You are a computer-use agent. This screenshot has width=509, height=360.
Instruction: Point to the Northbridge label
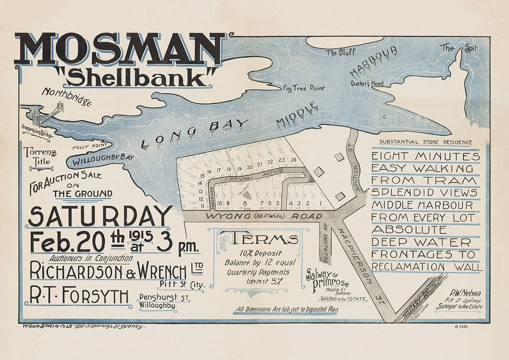67,96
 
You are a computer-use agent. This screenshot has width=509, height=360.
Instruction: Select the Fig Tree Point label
304,88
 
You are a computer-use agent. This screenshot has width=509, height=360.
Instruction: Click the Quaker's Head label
367,84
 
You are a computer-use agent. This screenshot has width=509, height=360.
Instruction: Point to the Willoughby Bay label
103,159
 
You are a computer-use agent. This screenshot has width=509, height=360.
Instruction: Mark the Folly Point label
86,147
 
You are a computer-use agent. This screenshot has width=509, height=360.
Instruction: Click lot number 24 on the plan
294,160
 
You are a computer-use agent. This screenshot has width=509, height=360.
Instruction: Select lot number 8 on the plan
245,203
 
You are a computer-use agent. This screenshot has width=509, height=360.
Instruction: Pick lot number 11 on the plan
191,206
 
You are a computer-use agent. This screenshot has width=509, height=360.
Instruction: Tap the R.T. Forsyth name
79,296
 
